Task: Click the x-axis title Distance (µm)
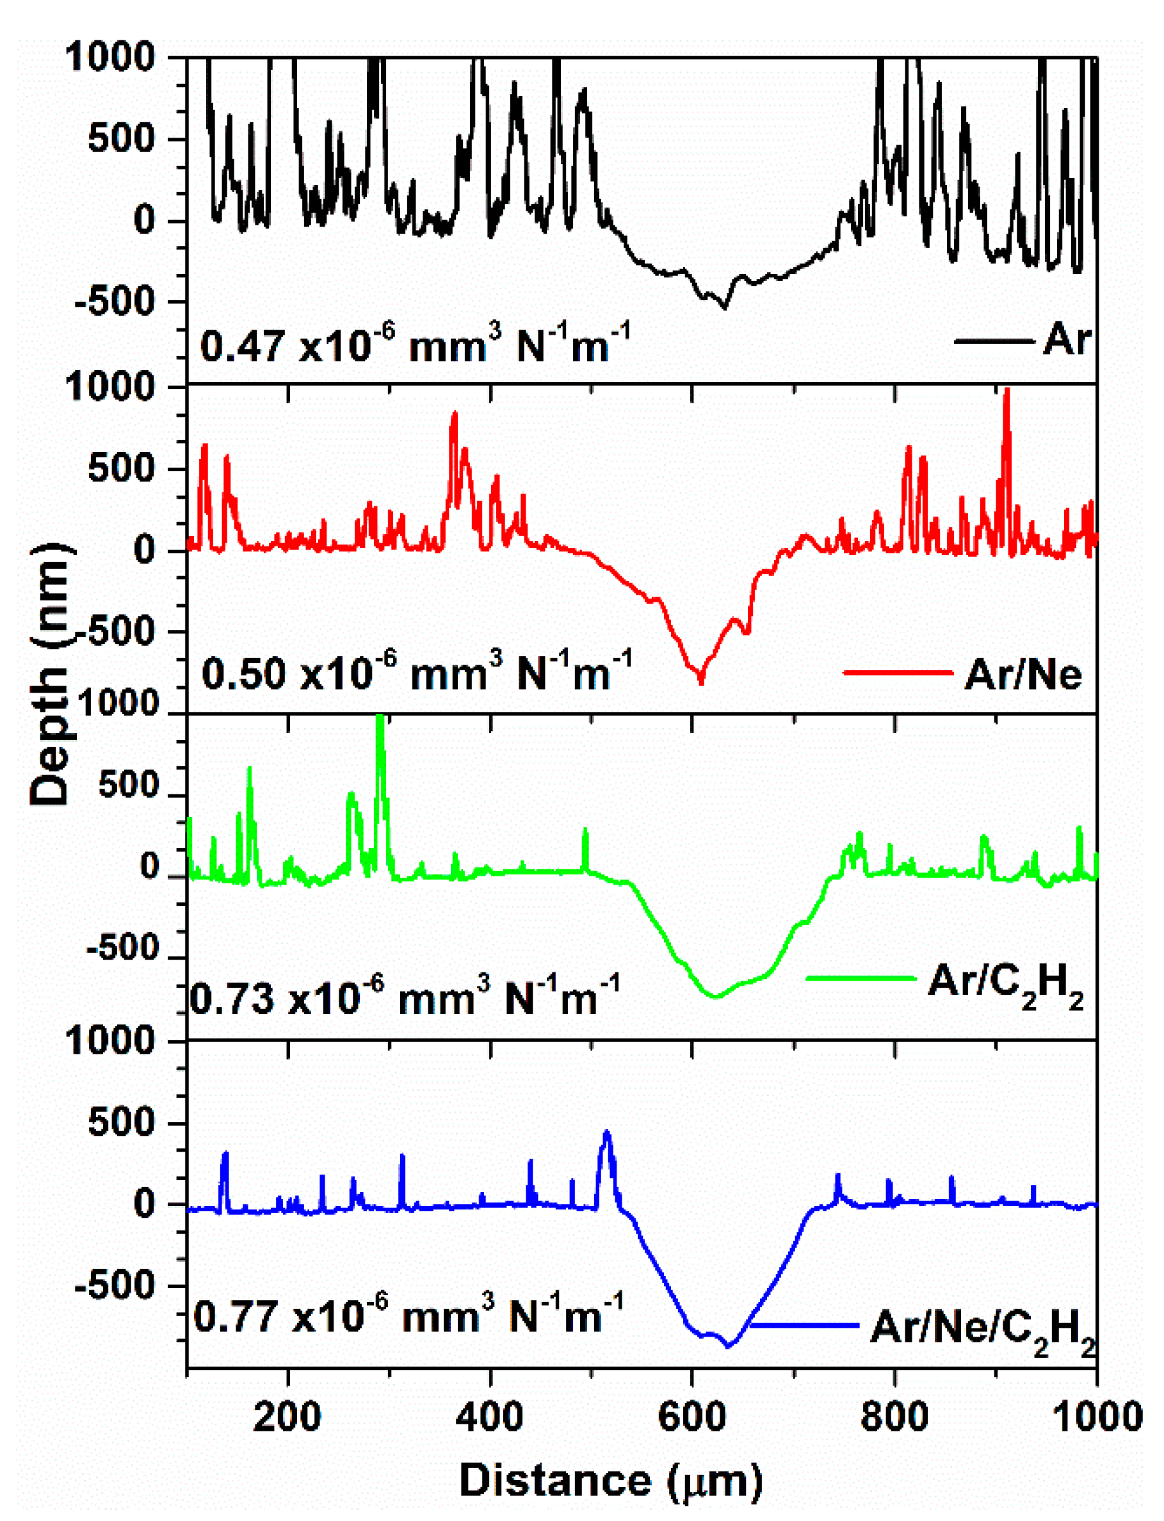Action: click(610, 1480)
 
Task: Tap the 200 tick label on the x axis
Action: click(287, 1417)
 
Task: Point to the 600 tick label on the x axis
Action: click(691, 1417)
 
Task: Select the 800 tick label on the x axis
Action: click(894, 1417)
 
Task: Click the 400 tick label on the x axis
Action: click(489, 1417)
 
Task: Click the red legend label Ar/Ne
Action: click(1023, 673)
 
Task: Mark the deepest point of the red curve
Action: click(701, 682)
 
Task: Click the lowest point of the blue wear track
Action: click(728, 1346)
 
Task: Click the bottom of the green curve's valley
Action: click(716, 996)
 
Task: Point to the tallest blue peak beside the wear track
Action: click(607, 1134)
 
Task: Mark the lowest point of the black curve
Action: click(725, 307)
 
